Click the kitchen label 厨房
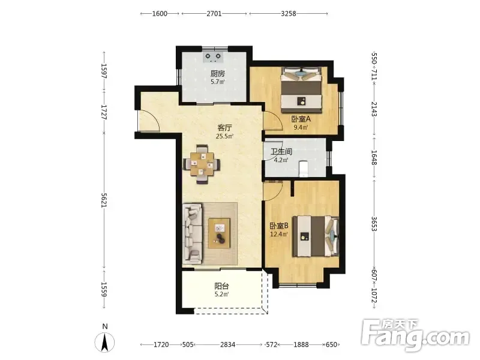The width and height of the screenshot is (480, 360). pos(218,74)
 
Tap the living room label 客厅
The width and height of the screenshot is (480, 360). pos(224,128)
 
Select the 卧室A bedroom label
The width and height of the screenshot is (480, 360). pos(301,119)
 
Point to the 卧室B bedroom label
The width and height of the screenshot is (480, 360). pos(279,226)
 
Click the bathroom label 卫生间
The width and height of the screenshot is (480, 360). pos(281,152)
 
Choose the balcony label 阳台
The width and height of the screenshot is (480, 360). pos(221,287)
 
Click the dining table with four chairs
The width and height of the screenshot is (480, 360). pos(202,164)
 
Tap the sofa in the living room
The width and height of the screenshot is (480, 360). pos(192,233)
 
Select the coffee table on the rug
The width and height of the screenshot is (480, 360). pos(219,233)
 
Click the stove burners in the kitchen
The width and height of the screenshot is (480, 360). pos(213,57)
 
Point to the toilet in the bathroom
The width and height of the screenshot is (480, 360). pos(303,169)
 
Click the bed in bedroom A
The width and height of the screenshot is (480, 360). pos(302,89)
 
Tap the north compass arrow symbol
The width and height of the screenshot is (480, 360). pos(104,342)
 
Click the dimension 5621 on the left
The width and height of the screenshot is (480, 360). pos(104,200)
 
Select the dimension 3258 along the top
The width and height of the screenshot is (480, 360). pos(289,13)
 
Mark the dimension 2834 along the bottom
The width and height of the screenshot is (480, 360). pos(228,344)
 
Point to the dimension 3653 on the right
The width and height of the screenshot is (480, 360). pos(374,224)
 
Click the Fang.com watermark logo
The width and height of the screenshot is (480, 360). pos(415,335)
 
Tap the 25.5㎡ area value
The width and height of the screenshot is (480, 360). pos(224,136)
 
